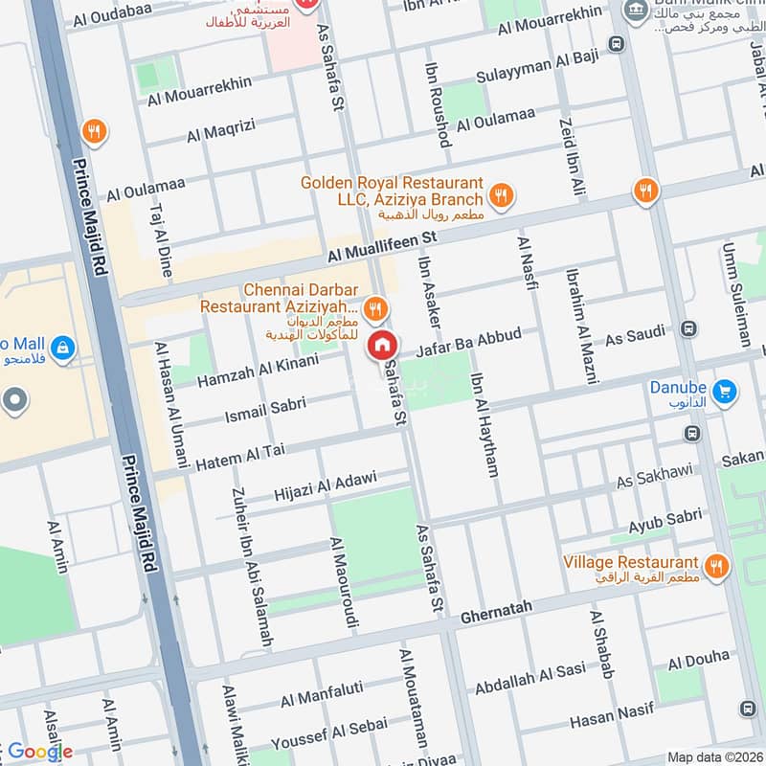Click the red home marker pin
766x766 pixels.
point(382,343)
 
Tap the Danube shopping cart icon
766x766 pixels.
point(725,390)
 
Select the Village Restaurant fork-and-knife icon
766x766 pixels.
point(715,568)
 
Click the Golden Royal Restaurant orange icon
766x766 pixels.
point(499,195)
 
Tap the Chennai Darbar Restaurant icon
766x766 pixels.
point(376,307)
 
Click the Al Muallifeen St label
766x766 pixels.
point(381,246)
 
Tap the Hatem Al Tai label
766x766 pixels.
point(241,456)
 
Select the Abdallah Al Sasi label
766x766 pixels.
point(530,679)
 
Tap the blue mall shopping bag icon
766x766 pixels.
point(63,346)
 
